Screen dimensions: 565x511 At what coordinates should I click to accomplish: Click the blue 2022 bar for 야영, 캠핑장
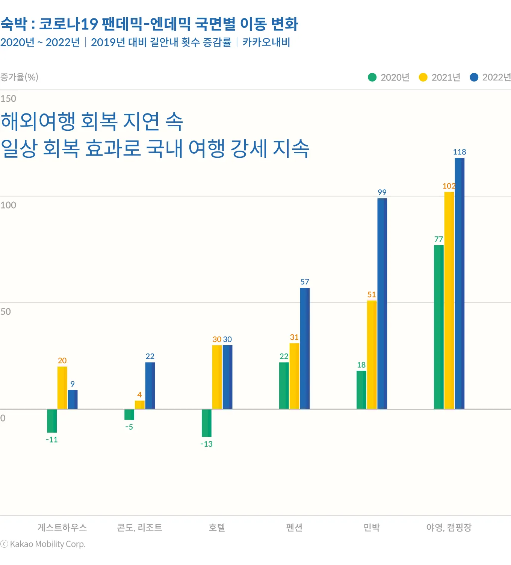click(x=460, y=283)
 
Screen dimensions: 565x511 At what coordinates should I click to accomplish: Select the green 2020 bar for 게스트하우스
click(x=52, y=421)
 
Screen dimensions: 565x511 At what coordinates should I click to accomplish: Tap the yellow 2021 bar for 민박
click(x=372, y=355)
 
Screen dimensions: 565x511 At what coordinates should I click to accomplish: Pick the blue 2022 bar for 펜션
click(x=305, y=348)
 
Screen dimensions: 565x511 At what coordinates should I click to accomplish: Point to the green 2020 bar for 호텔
click(x=207, y=423)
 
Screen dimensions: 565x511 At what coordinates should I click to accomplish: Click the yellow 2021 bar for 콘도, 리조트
click(x=140, y=405)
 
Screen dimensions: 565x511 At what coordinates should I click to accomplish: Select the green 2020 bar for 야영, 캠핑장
click(x=438, y=327)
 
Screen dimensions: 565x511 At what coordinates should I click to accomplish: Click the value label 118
click(x=460, y=152)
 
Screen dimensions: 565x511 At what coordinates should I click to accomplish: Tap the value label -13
click(x=207, y=444)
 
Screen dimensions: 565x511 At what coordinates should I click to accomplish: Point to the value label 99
click(x=382, y=192)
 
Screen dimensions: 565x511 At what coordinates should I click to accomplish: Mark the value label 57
click(x=305, y=282)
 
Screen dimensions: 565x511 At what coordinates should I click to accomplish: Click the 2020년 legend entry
click(x=389, y=77)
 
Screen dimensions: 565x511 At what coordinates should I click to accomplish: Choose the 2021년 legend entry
click(x=440, y=77)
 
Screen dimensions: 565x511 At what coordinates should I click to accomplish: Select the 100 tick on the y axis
click(x=8, y=205)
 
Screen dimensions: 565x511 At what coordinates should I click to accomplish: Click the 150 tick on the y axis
click(x=8, y=99)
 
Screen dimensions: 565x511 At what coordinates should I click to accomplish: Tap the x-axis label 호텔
click(x=217, y=527)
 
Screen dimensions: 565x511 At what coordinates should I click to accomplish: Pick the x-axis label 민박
click(x=372, y=527)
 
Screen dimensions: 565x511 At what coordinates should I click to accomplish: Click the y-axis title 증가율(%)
click(x=19, y=77)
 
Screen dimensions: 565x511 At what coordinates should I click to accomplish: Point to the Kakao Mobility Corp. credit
click(x=43, y=544)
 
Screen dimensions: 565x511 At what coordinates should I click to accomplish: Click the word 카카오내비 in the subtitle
click(x=266, y=42)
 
